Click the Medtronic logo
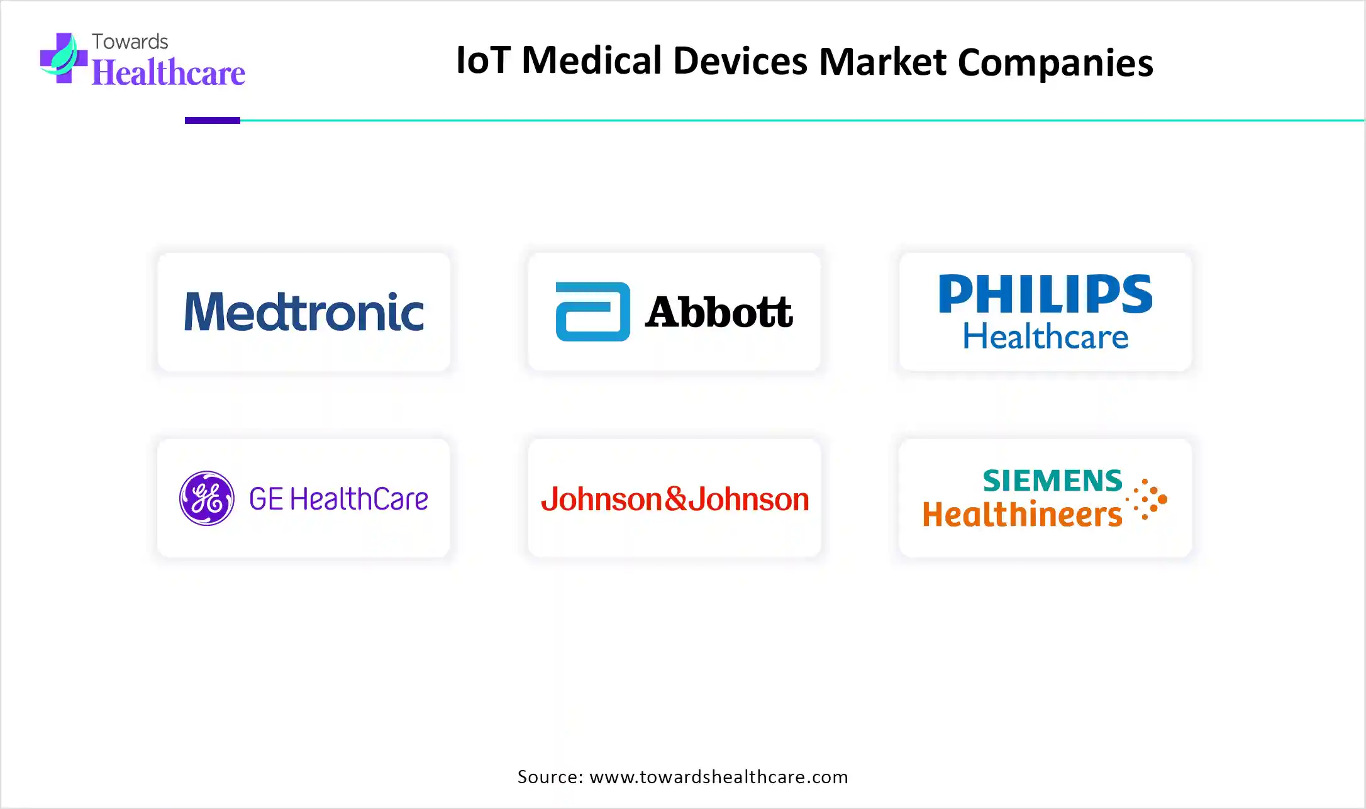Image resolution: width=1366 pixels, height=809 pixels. (x=304, y=312)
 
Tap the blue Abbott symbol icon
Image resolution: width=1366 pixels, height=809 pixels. (x=592, y=312)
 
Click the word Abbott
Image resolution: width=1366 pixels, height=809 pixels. (x=718, y=312)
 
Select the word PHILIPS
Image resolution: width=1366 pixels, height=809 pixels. (x=1045, y=294)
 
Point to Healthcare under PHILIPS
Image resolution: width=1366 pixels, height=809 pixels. (x=1045, y=337)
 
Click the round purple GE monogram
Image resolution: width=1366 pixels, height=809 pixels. (x=207, y=498)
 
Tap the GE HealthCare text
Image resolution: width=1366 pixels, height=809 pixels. (x=338, y=499)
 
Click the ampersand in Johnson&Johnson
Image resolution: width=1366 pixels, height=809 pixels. (x=675, y=499)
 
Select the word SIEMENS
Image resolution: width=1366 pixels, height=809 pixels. (x=1052, y=481)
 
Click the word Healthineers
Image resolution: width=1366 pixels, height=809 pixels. (x=1022, y=515)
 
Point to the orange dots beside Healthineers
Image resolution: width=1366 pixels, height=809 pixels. (x=1148, y=499)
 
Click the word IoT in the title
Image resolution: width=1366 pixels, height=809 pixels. (x=482, y=61)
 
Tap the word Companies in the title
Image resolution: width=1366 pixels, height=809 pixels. (x=1055, y=62)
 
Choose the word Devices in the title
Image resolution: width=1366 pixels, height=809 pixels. (x=740, y=61)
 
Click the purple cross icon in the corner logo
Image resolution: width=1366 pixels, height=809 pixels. (x=63, y=58)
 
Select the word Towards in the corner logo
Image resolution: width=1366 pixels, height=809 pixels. (x=130, y=42)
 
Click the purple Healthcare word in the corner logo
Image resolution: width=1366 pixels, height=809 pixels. (x=169, y=73)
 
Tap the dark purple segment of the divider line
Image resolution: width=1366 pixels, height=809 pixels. (x=213, y=120)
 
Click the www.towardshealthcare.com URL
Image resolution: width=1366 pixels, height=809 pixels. (x=718, y=777)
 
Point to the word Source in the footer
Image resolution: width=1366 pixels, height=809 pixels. (x=550, y=777)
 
